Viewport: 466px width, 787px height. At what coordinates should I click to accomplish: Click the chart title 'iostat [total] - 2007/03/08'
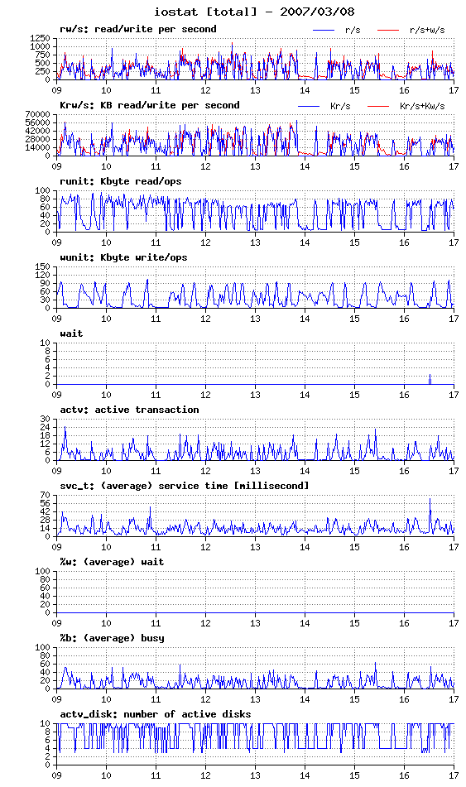tap(254, 11)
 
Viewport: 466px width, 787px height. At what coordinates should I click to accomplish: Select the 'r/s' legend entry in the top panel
tap(336, 30)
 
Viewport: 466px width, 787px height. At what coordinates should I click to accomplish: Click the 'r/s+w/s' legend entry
tap(411, 30)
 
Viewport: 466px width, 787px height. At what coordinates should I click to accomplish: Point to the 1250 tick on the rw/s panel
tap(41, 38)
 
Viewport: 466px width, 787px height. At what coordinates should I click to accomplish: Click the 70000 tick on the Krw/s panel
tap(38, 114)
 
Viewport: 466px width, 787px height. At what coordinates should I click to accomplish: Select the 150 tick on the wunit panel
tap(43, 266)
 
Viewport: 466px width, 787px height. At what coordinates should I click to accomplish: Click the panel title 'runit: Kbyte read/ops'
tap(121, 181)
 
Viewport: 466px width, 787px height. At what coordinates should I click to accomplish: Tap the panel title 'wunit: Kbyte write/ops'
tap(123, 257)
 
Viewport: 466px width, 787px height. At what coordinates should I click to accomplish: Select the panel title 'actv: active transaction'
tap(130, 410)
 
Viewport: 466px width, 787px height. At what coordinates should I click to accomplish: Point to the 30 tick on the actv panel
tap(46, 419)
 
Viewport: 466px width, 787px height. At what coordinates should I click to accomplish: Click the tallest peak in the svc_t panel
tap(430, 499)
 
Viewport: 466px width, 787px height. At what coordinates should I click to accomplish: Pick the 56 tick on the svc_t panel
tap(46, 503)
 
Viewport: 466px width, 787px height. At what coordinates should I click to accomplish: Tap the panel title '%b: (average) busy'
tap(112, 638)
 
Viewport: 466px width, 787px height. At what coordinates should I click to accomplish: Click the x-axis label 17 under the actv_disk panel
tap(454, 775)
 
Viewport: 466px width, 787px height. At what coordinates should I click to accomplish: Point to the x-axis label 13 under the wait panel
tap(255, 395)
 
